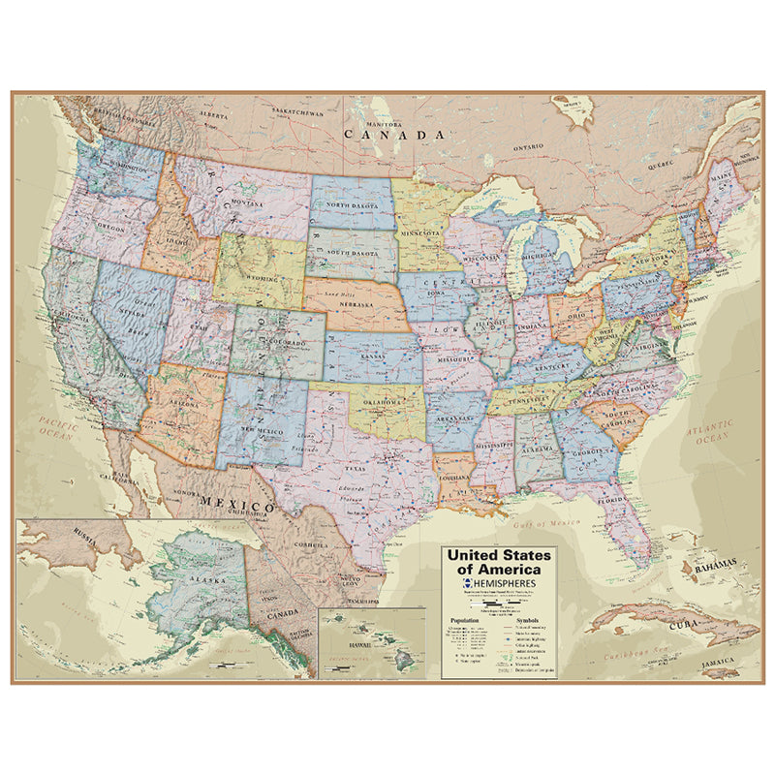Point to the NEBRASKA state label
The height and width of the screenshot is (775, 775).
(x=356, y=302)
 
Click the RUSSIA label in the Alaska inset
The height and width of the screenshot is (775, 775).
(x=84, y=532)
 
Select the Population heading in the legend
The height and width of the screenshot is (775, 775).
(x=464, y=619)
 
